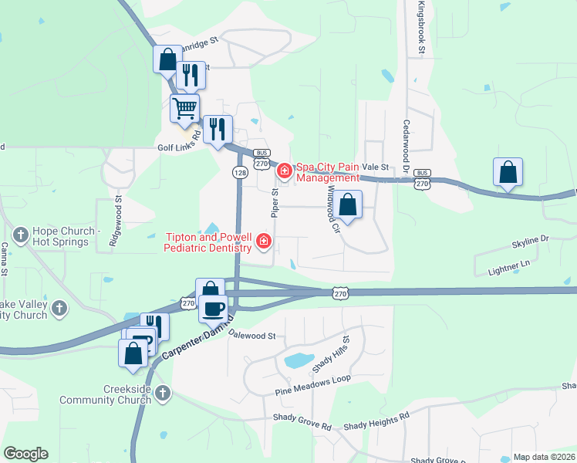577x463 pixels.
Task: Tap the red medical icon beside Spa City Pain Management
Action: click(x=285, y=169)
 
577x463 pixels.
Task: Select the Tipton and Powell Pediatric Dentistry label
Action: click(x=208, y=242)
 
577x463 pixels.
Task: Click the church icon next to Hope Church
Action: click(x=20, y=231)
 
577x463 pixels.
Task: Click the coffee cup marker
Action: click(x=213, y=308)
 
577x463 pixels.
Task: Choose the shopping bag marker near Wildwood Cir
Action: click(x=348, y=204)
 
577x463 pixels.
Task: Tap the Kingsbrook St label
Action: click(x=421, y=28)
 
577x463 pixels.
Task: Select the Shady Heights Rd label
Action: click(x=376, y=421)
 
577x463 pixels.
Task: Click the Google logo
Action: click(x=25, y=454)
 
